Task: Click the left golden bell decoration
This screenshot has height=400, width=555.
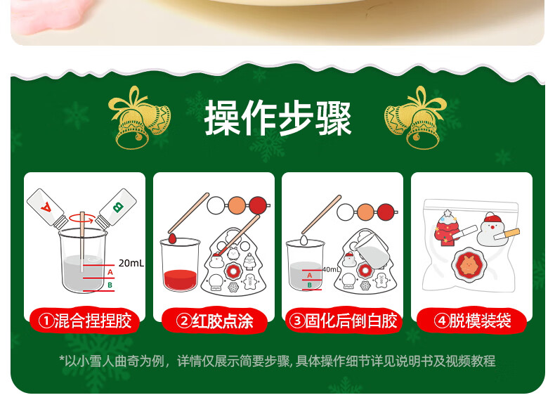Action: point(140,118)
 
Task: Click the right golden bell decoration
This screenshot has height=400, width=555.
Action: point(415,118)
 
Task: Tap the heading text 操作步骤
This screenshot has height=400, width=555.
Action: point(278,117)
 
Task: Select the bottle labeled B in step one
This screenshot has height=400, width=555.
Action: point(116,208)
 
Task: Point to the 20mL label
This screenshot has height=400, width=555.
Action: point(131,263)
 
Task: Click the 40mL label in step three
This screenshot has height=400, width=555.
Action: point(331,270)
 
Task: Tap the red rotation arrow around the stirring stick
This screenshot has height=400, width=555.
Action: point(82,218)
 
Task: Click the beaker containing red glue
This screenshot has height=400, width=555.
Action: point(180,264)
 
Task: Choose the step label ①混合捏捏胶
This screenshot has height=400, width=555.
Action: point(85,321)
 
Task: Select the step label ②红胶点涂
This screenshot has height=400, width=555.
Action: point(214,321)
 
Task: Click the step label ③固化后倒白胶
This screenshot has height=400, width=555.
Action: point(343,321)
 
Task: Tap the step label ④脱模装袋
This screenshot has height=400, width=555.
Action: point(472,321)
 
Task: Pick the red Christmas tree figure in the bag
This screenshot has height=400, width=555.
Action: point(447,228)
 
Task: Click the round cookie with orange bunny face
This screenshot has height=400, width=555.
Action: point(469,266)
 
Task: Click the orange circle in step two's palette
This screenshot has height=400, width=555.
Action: point(237,205)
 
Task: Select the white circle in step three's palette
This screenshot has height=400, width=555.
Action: point(345,212)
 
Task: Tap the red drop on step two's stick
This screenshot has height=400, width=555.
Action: point(172,238)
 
